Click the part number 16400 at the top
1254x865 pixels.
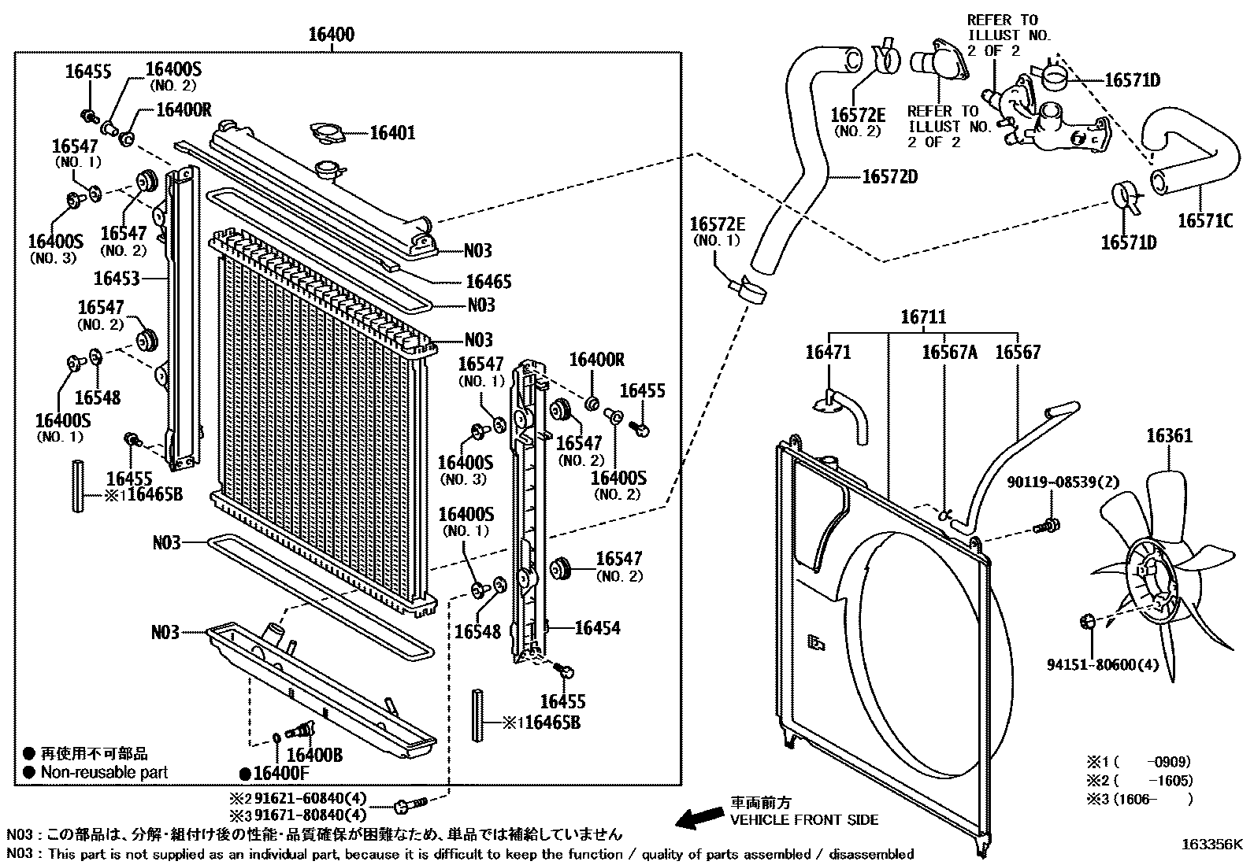click(331, 35)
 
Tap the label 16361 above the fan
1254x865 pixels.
click(1169, 435)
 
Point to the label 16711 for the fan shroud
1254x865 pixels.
click(923, 317)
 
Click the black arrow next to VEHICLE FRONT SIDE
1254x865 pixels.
click(699, 818)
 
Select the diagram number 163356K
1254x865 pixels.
click(1211, 845)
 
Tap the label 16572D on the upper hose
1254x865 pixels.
click(889, 176)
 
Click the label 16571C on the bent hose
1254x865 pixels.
click(1204, 221)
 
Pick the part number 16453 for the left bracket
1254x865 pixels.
click(117, 278)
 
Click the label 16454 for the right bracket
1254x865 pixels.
click(597, 627)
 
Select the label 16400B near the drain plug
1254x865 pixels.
click(314, 755)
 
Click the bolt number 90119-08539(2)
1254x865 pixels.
click(1063, 482)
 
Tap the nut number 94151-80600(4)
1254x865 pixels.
click(1103, 664)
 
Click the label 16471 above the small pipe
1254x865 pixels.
click(828, 353)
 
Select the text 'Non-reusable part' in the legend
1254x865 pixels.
click(104, 772)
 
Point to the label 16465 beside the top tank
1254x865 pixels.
click(488, 281)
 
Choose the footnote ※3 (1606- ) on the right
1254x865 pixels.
click(1139, 799)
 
